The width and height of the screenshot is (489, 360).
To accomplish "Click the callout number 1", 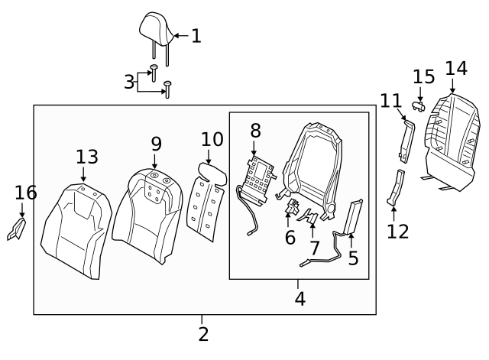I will click(196, 36).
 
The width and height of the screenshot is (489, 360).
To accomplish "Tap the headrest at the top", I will click(156, 28).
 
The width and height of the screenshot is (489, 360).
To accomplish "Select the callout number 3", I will click(129, 82).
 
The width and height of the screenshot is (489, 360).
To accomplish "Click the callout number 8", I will click(255, 131).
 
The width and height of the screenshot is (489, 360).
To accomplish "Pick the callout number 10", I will click(212, 139).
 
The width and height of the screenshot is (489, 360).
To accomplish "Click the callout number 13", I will click(87, 157).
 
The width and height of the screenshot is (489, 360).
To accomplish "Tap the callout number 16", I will click(25, 193).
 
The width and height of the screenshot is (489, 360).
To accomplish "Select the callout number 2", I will click(203, 334).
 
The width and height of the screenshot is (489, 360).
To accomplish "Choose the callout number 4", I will click(300, 299).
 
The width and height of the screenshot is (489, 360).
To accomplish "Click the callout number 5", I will click(353, 258).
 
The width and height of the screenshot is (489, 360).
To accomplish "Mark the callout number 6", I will click(290, 238).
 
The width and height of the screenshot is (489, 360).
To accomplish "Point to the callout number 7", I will click(315, 248).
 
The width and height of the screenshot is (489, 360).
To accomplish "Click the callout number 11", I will click(390, 100).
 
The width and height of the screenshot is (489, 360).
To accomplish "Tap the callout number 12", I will click(398, 231).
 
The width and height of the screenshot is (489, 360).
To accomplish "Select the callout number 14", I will click(456, 68).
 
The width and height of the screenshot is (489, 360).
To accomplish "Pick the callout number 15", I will click(424, 77).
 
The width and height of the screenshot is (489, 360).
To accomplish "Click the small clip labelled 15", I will click(418, 104).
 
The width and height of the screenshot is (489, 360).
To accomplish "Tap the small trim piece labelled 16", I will click(15, 229).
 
